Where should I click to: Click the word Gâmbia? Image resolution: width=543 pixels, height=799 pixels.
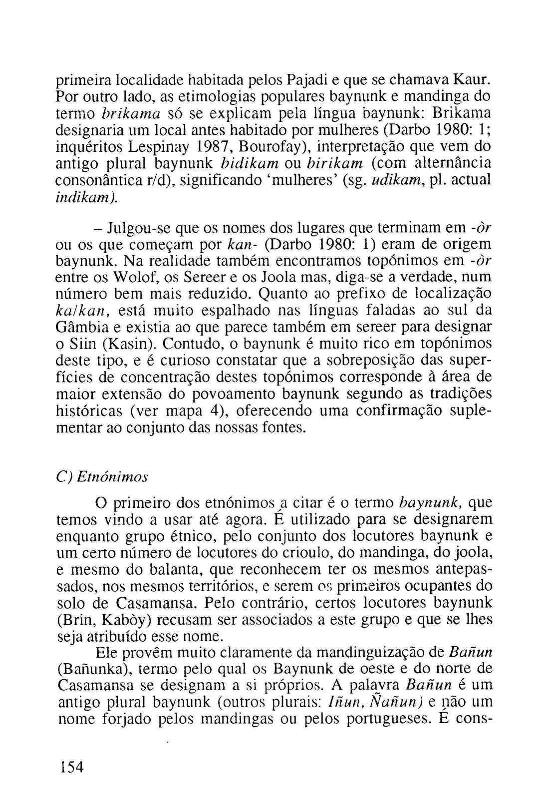80,327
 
